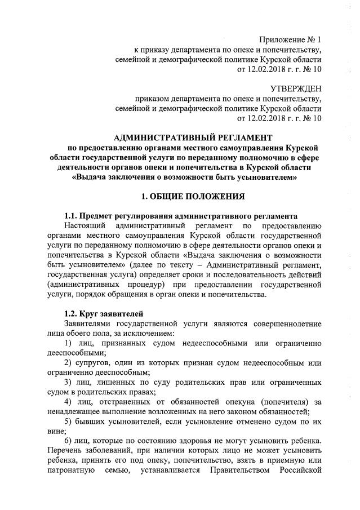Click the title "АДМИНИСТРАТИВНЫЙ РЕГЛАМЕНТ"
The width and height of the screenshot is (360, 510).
pyautogui.click(x=193, y=138)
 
